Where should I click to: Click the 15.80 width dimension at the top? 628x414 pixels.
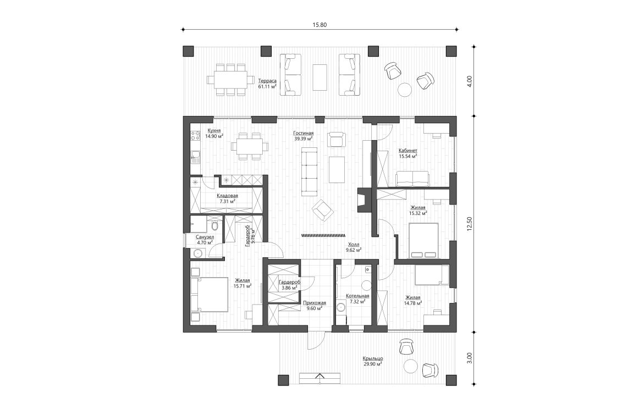click(321, 25)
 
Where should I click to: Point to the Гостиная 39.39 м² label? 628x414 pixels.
click(303, 136)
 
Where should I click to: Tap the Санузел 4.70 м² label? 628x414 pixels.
click(205, 239)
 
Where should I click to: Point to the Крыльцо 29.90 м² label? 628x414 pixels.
click(373, 361)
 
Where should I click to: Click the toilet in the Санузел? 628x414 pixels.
click(215, 227)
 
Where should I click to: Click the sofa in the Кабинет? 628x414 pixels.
click(412, 178)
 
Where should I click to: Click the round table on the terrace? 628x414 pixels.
click(406, 89)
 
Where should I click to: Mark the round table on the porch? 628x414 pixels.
click(410, 367)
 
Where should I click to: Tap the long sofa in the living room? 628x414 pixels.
click(310, 173)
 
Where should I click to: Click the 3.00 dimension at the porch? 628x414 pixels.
click(470, 356)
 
